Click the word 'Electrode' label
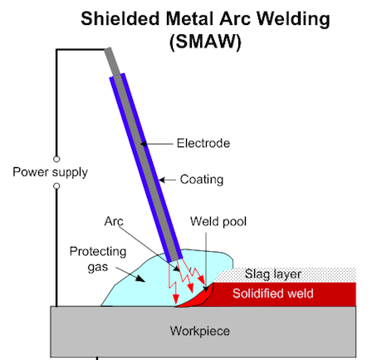(203, 143)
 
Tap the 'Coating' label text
(202, 180)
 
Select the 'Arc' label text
(114, 221)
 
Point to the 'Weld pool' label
(218, 221)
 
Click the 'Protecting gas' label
(98, 259)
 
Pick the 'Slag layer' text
(273, 274)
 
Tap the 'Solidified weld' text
(273, 293)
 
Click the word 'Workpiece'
(200, 331)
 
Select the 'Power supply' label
(50, 172)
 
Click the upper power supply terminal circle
(56, 159)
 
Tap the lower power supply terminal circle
(56, 186)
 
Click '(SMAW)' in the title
(205, 42)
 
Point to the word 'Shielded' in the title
(120, 19)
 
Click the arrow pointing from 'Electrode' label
(157, 144)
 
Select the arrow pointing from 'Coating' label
(168, 180)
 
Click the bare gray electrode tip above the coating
(112, 62)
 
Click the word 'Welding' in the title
(293, 19)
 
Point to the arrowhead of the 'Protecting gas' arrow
(140, 279)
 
